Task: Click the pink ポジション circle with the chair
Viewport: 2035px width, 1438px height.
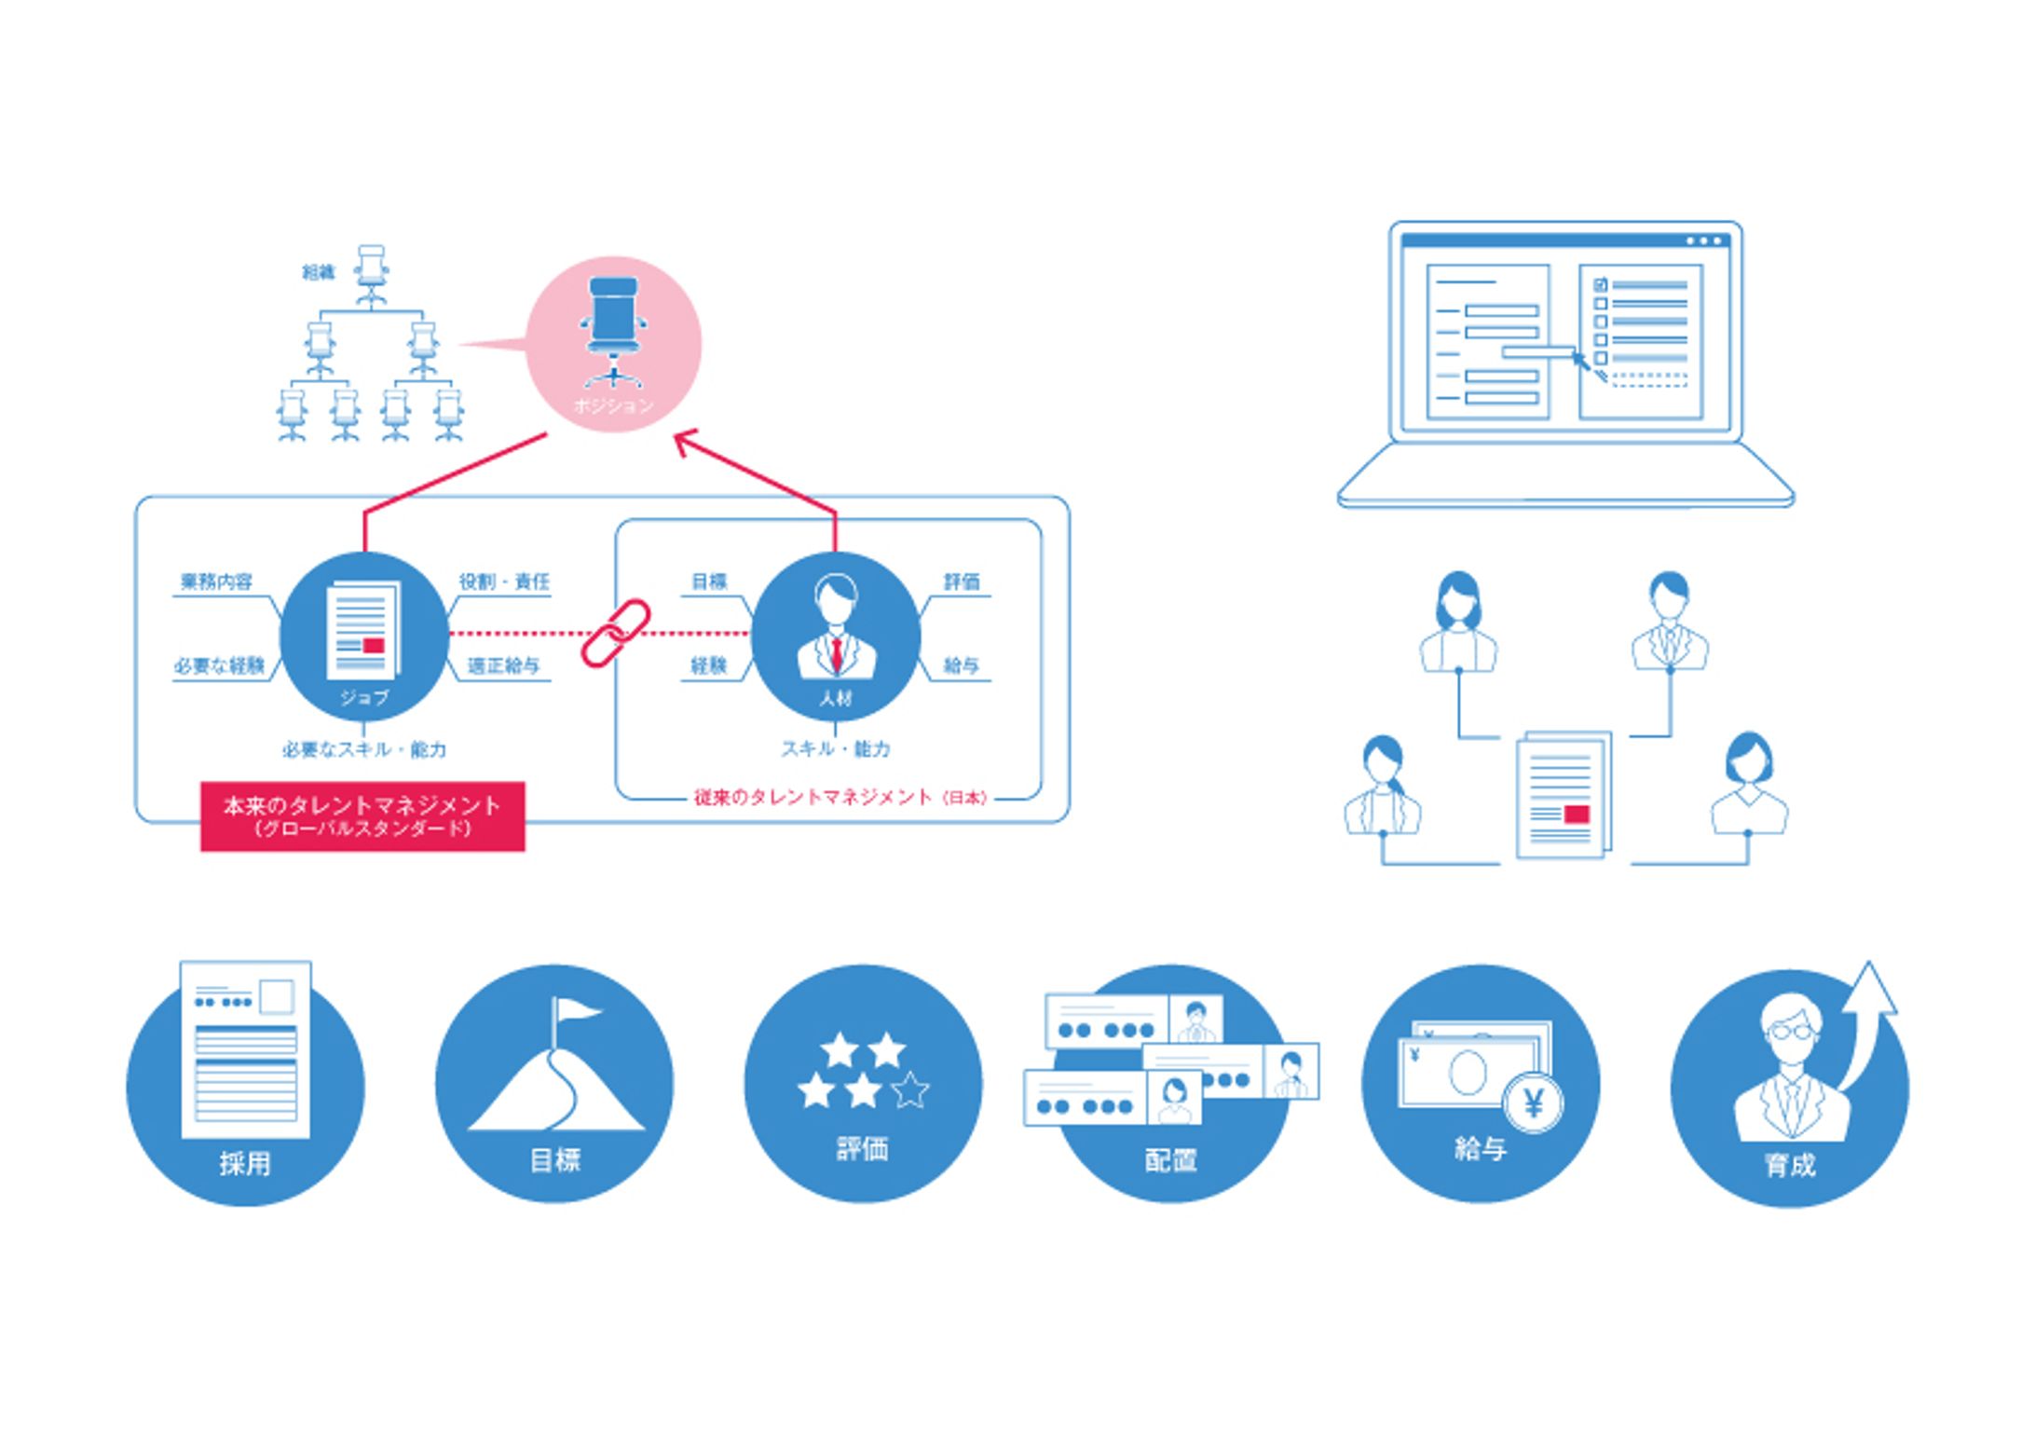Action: [x=613, y=344]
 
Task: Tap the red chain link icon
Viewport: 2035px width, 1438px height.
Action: [x=616, y=633]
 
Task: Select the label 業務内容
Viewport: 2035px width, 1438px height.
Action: [x=216, y=582]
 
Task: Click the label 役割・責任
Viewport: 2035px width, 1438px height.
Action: [x=504, y=582]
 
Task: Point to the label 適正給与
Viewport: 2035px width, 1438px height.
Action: [x=503, y=666]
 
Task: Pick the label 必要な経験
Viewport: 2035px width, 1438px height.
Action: [x=220, y=666]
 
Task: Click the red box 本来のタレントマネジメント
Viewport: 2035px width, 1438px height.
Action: [x=362, y=815]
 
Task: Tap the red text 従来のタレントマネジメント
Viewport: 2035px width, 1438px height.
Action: [x=813, y=798]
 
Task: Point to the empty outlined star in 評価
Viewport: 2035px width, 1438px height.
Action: [x=910, y=1089]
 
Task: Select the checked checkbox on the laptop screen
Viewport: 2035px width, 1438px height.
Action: [x=1601, y=284]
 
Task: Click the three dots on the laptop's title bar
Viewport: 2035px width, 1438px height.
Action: [x=1704, y=241]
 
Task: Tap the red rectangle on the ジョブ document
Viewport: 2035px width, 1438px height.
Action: [x=374, y=645]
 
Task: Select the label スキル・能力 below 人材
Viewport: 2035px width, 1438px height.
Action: [x=836, y=749]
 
